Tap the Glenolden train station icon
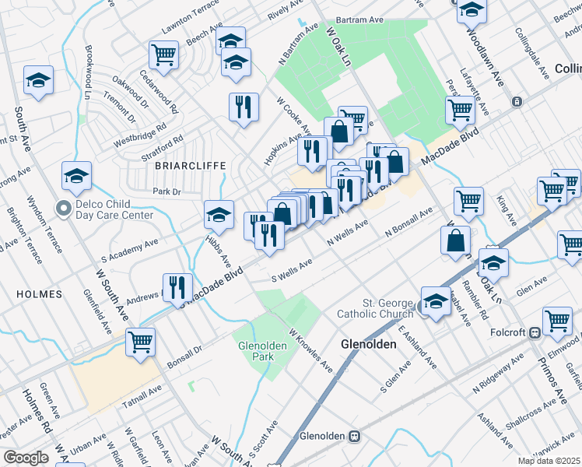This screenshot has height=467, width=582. click(x=354, y=436)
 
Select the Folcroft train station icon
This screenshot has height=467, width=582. click(x=535, y=332)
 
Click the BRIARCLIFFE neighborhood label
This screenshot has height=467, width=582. click(x=190, y=166)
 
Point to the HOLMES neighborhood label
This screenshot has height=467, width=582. click(x=37, y=294)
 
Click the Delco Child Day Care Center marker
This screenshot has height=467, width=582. click(x=64, y=208)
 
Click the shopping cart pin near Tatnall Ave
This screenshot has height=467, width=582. click(x=140, y=341)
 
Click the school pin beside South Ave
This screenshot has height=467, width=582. click(x=38, y=80)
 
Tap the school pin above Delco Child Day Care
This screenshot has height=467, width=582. click(x=76, y=175)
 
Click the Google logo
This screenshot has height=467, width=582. click(x=26, y=458)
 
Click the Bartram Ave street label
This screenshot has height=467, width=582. click(x=360, y=21)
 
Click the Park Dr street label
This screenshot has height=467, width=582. click(x=167, y=191)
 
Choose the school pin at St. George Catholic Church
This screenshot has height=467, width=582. click(x=436, y=301)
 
